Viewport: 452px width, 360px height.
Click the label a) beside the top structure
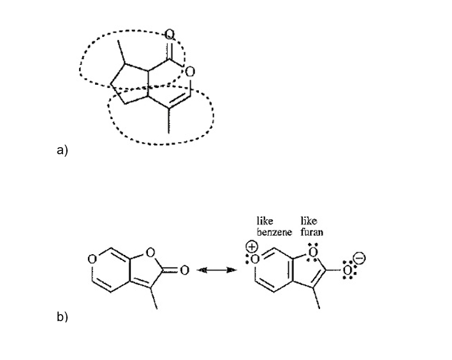pyautogui.click(x=62, y=150)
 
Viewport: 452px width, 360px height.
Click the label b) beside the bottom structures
pyautogui.click(x=62, y=317)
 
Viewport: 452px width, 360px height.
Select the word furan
pyautogui.click(x=312, y=233)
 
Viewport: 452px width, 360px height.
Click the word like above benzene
pyautogui.click(x=265, y=222)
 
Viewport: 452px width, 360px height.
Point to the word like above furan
pyautogui.click(x=309, y=222)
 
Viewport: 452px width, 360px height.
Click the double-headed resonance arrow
pyautogui.click(x=214, y=271)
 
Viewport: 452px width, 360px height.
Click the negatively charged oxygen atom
pyautogui.click(x=347, y=271)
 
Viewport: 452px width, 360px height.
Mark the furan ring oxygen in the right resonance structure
pyautogui.click(x=313, y=253)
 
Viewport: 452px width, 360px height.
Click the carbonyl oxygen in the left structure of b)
pyautogui.click(x=184, y=271)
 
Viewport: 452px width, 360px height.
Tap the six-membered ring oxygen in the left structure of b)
pyautogui.click(x=92, y=259)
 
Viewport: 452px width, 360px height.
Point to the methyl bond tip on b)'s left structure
pyautogui.click(x=157, y=309)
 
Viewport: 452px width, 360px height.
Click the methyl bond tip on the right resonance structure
pyautogui.click(x=319, y=309)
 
